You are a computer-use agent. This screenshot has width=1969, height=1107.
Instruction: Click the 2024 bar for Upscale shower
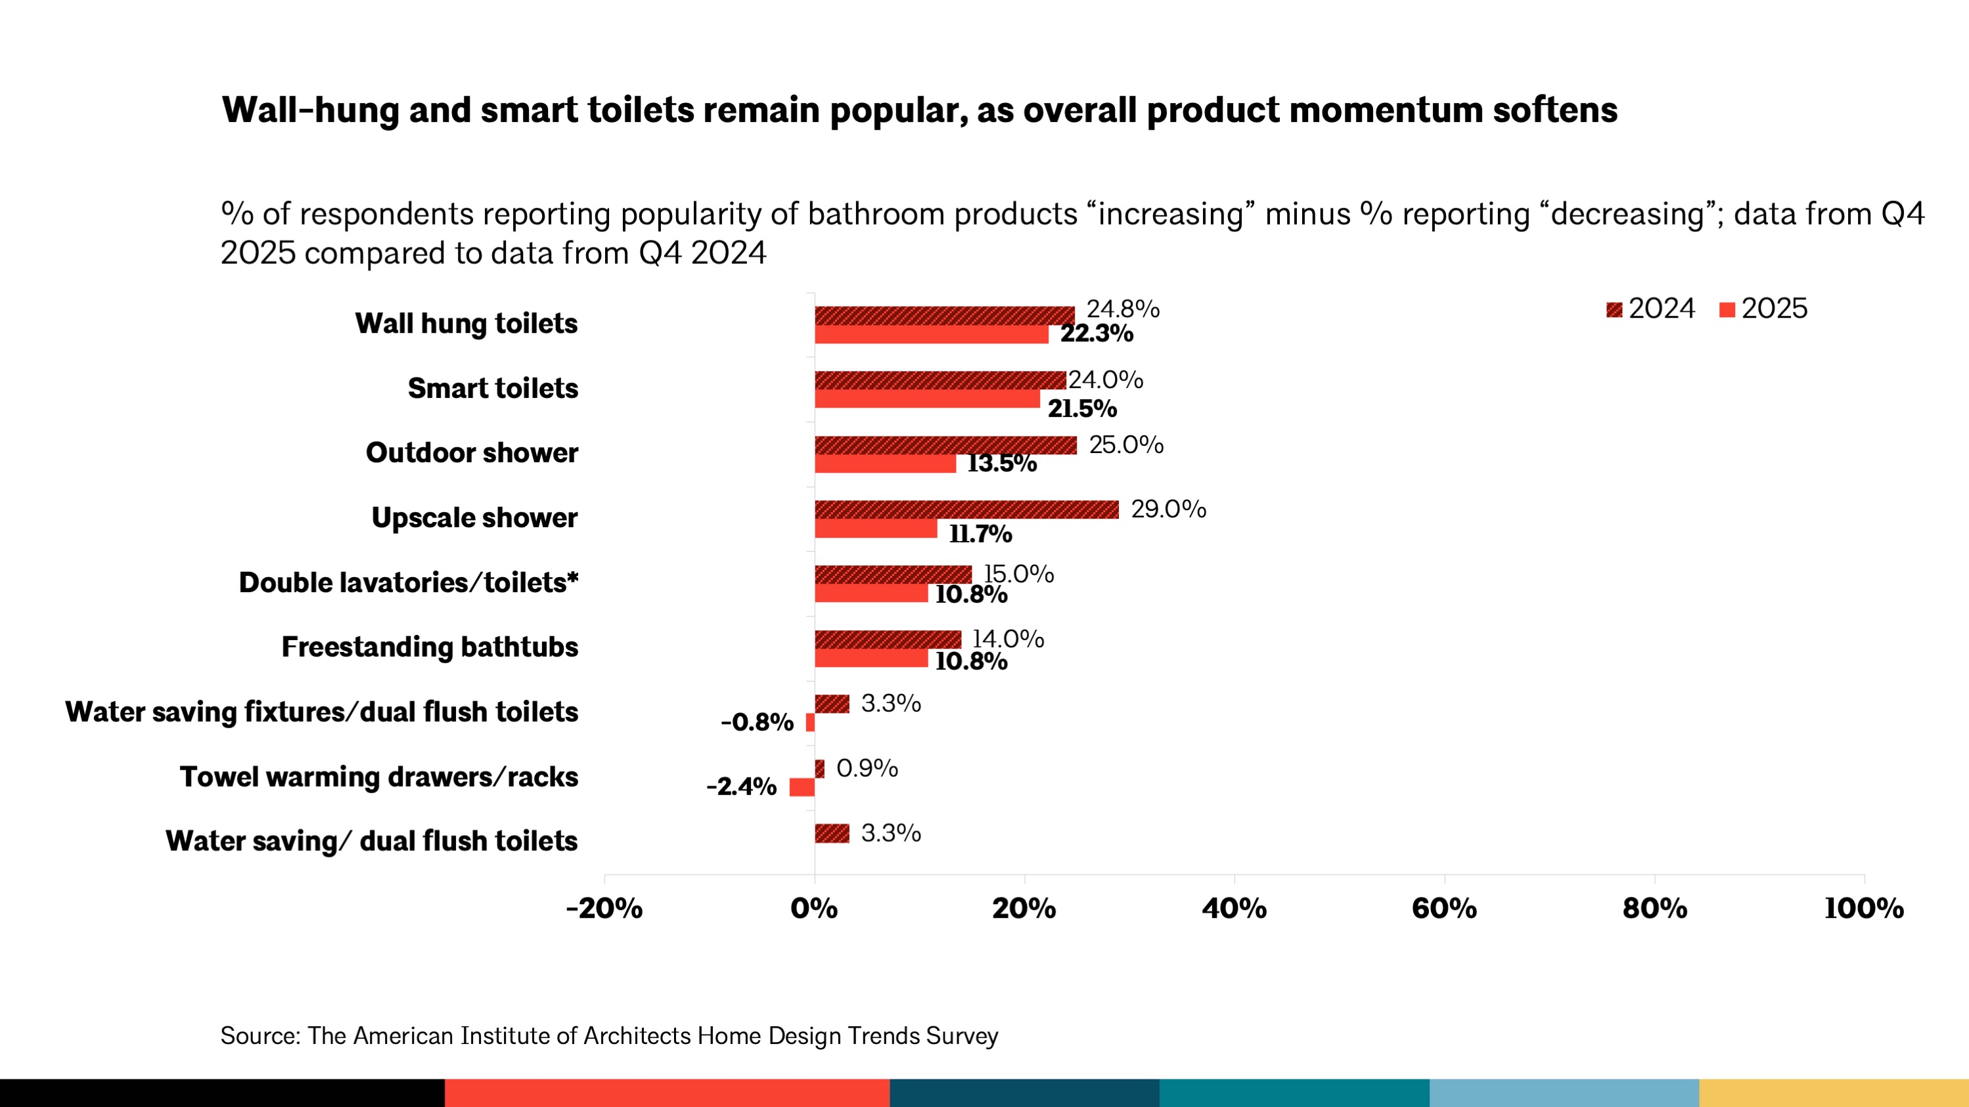pos(966,510)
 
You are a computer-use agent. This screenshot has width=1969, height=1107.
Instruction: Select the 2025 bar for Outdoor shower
pos(885,464)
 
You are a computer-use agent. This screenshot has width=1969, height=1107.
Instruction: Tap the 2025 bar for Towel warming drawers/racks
pos(802,787)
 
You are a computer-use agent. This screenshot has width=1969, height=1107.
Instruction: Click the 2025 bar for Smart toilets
pos(927,399)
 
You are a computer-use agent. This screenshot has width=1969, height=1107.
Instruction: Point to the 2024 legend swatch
pos(1614,309)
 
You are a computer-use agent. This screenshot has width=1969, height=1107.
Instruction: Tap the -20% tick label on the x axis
pos(604,908)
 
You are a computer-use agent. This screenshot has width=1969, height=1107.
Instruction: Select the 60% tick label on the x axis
pos(1444,908)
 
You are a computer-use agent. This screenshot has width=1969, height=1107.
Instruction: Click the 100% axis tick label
pos(1863,908)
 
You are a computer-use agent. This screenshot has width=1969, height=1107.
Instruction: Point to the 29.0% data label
pos(1168,509)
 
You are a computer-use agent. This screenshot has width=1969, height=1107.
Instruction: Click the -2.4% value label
pos(740,786)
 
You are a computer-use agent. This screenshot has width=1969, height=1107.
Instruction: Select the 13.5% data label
pos(1001,463)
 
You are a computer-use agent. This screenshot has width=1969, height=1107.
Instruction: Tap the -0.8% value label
pos(757,722)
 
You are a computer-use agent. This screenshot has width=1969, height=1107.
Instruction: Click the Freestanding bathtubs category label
pos(430,647)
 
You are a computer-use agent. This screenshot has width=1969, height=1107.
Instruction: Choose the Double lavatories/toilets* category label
pos(408,582)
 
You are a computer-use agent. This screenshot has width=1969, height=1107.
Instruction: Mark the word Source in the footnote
pos(258,1036)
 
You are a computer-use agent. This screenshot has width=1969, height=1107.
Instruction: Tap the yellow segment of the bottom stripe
pos(1833,1093)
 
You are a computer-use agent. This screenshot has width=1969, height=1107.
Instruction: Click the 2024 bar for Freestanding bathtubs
pos(888,640)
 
